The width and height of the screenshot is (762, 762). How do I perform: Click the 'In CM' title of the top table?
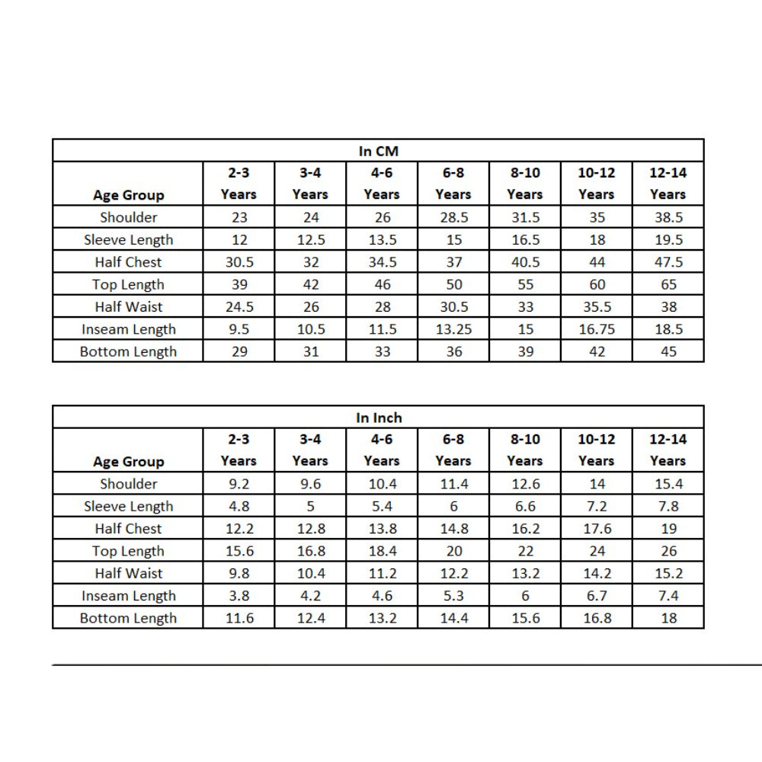click(x=378, y=151)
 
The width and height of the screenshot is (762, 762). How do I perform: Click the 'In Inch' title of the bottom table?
click(x=378, y=418)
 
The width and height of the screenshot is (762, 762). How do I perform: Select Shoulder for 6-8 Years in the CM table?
click(x=453, y=217)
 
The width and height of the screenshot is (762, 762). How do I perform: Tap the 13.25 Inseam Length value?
click(x=453, y=329)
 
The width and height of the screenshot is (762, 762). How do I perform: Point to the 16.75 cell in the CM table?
click(x=597, y=329)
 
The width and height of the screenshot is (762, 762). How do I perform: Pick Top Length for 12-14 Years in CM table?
click(x=668, y=284)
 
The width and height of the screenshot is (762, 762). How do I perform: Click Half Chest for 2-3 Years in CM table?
click(x=239, y=262)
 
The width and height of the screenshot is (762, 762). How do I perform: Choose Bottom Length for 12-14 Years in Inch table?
click(x=668, y=618)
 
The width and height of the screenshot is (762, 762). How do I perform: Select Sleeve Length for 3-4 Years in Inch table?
click(x=310, y=506)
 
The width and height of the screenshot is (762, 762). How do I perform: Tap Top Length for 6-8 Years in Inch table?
click(x=453, y=551)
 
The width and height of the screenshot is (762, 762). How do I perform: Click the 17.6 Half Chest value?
click(x=597, y=528)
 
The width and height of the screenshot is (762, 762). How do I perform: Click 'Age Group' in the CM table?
click(x=128, y=195)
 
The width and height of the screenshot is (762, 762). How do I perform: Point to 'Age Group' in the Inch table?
click(x=128, y=462)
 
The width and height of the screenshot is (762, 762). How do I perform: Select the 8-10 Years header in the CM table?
click(x=525, y=184)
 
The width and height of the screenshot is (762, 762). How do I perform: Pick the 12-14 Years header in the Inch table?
click(x=668, y=450)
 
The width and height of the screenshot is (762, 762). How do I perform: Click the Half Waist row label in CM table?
click(x=128, y=307)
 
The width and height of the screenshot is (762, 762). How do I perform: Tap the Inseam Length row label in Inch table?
click(x=128, y=596)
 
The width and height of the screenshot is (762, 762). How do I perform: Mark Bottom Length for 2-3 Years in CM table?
click(x=239, y=351)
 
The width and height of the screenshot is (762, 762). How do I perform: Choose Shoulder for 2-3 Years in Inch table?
click(x=239, y=484)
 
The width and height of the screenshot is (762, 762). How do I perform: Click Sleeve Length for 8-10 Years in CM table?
click(x=525, y=239)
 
